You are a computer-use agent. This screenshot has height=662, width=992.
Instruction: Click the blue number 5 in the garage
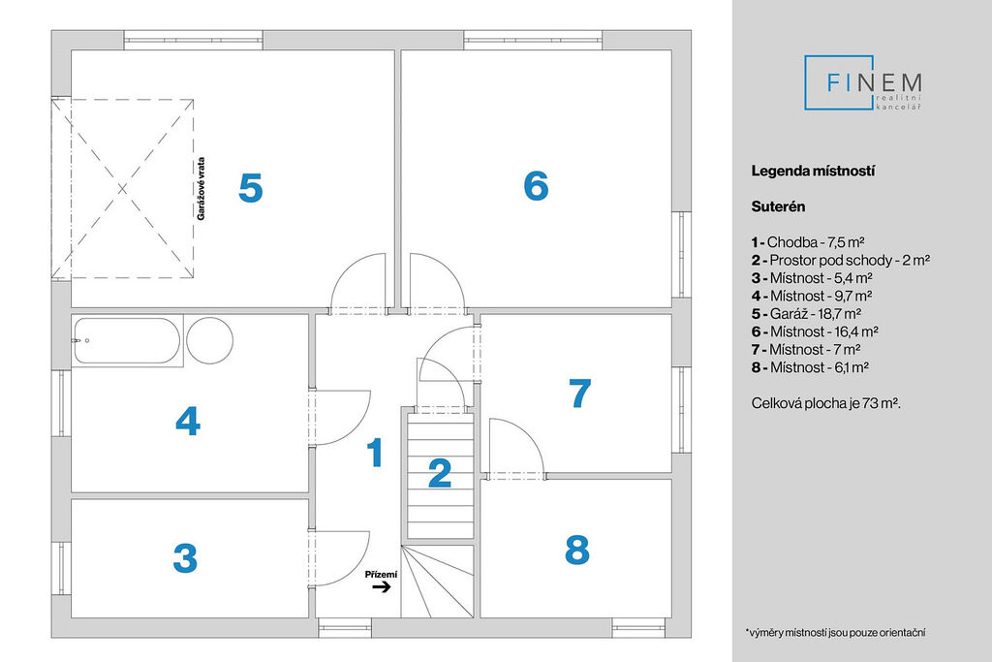click(x=250, y=188)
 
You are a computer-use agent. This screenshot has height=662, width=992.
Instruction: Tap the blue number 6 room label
click(x=536, y=185)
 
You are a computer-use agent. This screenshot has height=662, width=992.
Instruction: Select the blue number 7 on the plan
click(x=578, y=393)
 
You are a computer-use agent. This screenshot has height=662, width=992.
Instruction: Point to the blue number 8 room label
click(x=576, y=550)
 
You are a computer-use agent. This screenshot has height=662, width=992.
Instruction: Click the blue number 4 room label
click(x=187, y=421)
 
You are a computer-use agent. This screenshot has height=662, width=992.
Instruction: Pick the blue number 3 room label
click(x=185, y=558)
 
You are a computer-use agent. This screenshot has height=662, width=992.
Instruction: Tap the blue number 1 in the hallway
click(x=374, y=453)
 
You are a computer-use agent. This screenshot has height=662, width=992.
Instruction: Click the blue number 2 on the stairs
click(x=440, y=473)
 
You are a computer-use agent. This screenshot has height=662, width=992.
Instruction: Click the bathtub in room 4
click(x=126, y=341)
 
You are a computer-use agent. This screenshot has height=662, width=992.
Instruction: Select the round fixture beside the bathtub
click(x=209, y=340)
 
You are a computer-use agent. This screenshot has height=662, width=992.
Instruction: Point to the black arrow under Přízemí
click(x=381, y=586)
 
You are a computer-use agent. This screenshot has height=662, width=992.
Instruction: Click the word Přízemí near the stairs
click(x=381, y=574)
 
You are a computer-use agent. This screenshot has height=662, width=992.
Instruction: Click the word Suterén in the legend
click(x=779, y=206)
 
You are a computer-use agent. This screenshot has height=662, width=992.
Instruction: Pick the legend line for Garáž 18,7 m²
click(x=806, y=313)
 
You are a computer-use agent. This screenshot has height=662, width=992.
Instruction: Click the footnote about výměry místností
click(x=836, y=632)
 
